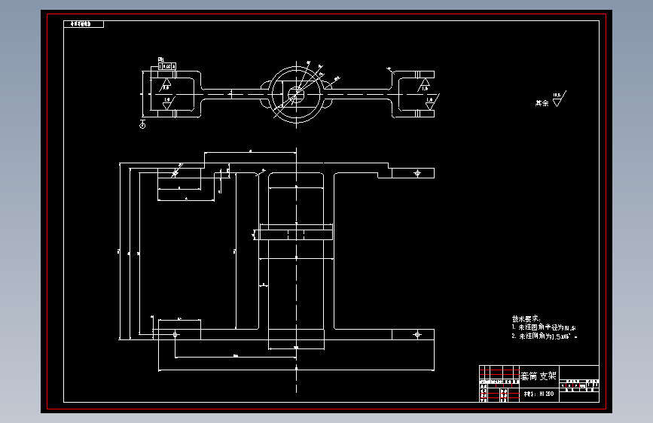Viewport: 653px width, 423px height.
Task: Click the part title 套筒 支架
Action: (539, 376)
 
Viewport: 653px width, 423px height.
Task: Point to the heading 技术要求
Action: (526, 318)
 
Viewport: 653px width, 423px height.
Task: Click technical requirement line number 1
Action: (542, 327)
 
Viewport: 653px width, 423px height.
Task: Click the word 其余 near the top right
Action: (542, 102)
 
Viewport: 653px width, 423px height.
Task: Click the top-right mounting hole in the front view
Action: (417, 173)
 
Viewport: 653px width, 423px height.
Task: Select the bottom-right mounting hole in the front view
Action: (417, 336)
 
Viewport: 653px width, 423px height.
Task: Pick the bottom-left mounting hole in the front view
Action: (175, 334)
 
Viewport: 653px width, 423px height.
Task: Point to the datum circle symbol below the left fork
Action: (143, 125)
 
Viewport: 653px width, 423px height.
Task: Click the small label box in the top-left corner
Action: (82, 24)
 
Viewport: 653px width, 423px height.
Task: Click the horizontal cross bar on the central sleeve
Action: (295, 232)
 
